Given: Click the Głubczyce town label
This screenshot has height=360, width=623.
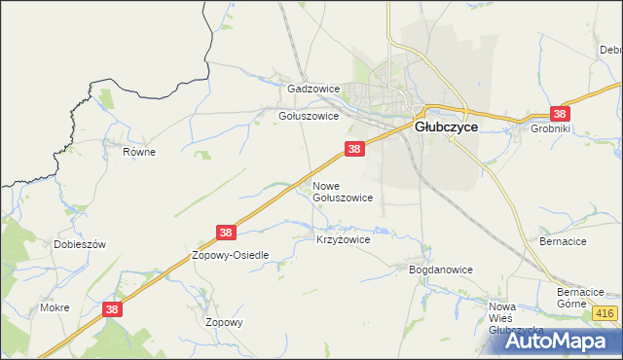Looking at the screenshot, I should click(x=446, y=126).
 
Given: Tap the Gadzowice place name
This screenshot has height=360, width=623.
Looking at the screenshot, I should click(x=312, y=89).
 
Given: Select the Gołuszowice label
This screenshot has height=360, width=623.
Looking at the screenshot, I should click(x=309, y=116).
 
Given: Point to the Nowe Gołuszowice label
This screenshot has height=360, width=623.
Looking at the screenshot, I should click(x=342, y=191).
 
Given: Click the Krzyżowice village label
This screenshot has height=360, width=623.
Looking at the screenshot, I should click(x=344, y=238).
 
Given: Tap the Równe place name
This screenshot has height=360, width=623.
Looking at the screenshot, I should click(x=139, y=152).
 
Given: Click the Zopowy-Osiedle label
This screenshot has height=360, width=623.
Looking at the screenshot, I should click(x=231, y=255).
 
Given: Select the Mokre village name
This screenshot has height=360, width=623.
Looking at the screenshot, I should click(x=55, y=307).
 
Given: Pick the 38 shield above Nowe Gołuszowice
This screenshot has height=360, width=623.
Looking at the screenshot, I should click(x=354, y=149).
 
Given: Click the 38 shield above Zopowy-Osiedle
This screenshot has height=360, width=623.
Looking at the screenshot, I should click(x=226, y=233).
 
